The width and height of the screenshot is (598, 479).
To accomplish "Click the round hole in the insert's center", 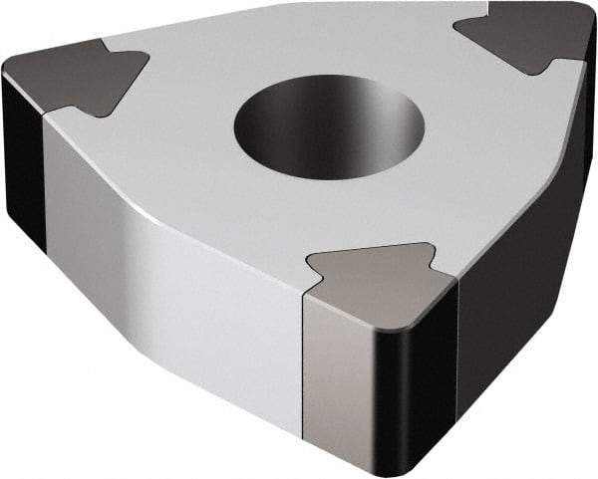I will pyautogui.click(x=329, y=127).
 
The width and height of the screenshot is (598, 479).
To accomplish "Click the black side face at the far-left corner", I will pyautogui.click(x=22, y=159).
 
